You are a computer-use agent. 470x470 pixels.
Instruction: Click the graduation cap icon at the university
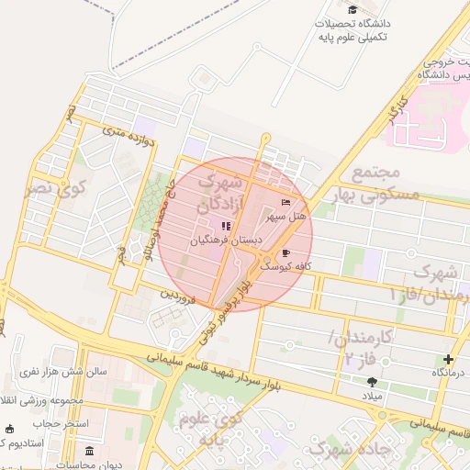352,9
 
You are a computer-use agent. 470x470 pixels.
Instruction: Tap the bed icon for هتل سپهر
285,202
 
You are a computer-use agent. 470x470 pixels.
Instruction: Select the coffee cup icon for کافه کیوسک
285,252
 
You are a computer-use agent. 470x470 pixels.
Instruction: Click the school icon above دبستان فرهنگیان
226,226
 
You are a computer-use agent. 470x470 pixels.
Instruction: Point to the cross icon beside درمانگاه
448,359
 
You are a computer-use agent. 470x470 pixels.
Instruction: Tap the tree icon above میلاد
372,381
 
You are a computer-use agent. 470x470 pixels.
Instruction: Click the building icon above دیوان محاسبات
89,451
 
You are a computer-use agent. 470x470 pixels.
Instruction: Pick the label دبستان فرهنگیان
226,240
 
